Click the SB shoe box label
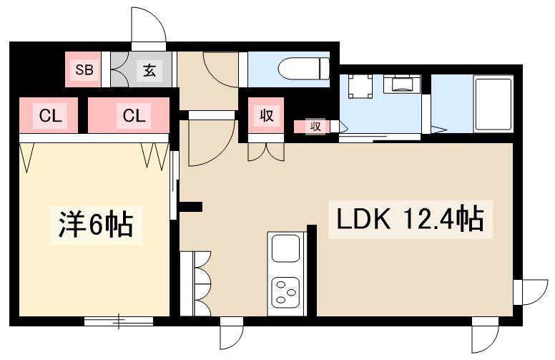tap(84, 70)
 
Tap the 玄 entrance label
tap(149, 70)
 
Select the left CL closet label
tap(49, 115)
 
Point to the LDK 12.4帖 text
tap(406, 220)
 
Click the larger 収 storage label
tap(265, 116)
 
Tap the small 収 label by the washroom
tap(313, 127)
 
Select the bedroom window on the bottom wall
tap(118, 321)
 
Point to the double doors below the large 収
tap(265, 151)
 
